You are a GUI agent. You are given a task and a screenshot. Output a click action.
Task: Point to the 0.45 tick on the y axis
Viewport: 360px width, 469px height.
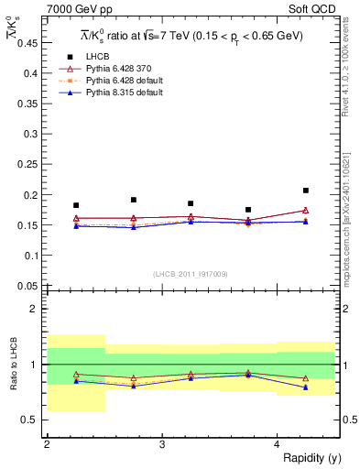[x=28, y=43]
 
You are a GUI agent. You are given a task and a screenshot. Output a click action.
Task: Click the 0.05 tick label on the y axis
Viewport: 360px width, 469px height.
[x=28, y=285]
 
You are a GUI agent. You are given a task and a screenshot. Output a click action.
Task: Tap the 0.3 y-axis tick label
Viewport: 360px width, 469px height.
[x=31, y=134]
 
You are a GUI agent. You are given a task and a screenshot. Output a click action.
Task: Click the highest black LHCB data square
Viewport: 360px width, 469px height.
[x=306, y=191]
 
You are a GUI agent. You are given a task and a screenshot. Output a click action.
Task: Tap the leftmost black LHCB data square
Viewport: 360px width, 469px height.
[x=76, y=205]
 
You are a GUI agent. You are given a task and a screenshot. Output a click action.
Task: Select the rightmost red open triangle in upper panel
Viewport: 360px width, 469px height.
[x=306, y=210]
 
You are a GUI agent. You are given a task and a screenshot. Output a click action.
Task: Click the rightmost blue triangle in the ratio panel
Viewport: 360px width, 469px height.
[x=306, y=387]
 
